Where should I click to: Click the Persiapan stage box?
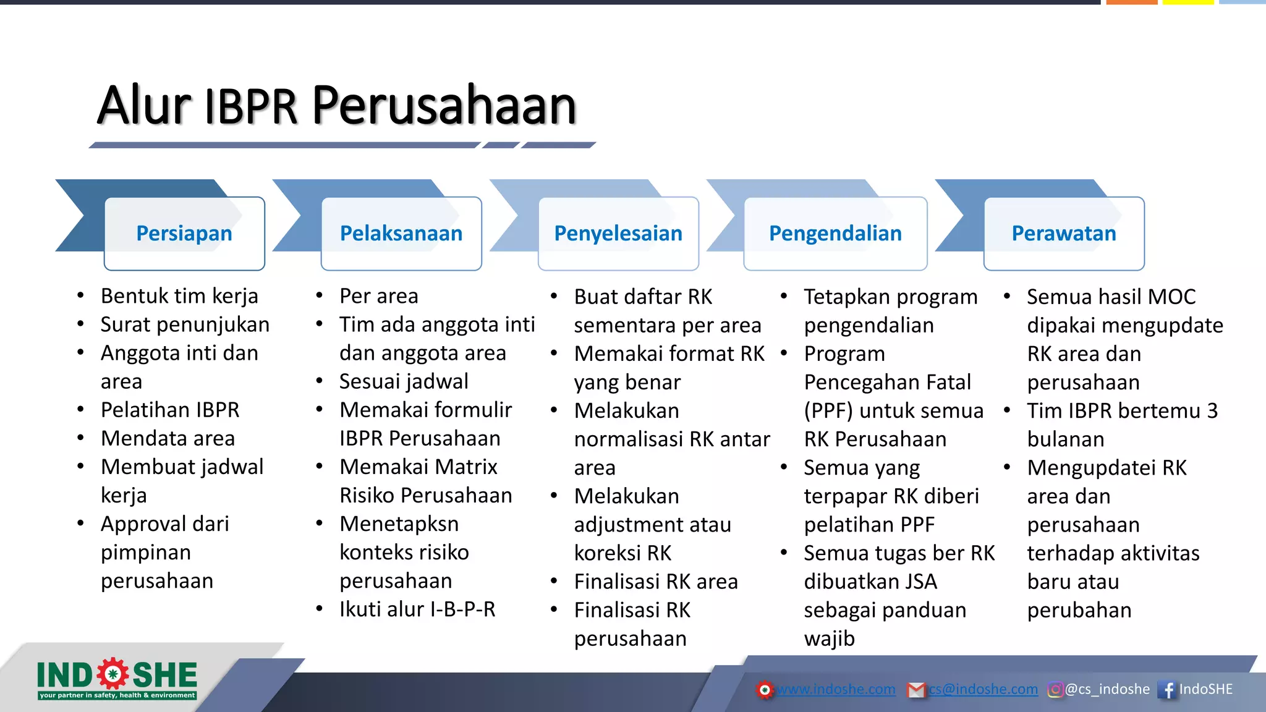(184, 234)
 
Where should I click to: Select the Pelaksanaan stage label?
(401, 234)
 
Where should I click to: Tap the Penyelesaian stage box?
(618, 234)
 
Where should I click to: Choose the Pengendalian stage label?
(835, 234)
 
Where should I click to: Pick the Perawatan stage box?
(1064, 234)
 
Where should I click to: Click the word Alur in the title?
(144, 105)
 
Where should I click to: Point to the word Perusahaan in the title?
(444, 105)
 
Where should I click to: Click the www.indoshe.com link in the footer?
(836, 689)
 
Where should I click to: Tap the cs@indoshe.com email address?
(983, 689)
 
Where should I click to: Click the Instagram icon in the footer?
(1055, 689)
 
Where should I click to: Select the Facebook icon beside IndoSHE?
(1167, 690)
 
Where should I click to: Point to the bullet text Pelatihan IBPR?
(170, 410)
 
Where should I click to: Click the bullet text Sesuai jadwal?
(404, 381)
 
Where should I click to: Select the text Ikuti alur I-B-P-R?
(417, 609)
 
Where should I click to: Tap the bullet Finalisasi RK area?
(656, 582)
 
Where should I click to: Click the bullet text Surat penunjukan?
(185, 324)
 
